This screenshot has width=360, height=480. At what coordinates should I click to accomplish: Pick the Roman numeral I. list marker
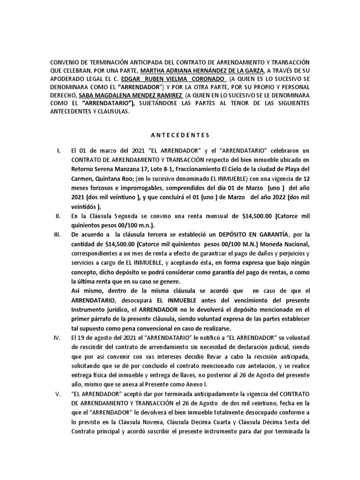[x=58, y=151]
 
